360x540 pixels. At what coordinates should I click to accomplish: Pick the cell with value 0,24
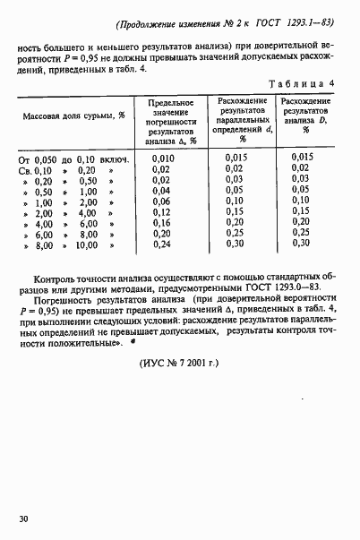click(x=161, y=243)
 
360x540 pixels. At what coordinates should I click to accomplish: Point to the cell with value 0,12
click(x=161, y=211)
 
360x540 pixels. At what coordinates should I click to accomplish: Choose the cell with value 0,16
click(x=161, y=222)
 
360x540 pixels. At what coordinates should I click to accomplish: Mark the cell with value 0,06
click(x=161, y=201)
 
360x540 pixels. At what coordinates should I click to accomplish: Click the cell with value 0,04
click(x=161, y=190)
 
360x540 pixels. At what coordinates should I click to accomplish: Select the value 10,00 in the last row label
click(x=86, y=243)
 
